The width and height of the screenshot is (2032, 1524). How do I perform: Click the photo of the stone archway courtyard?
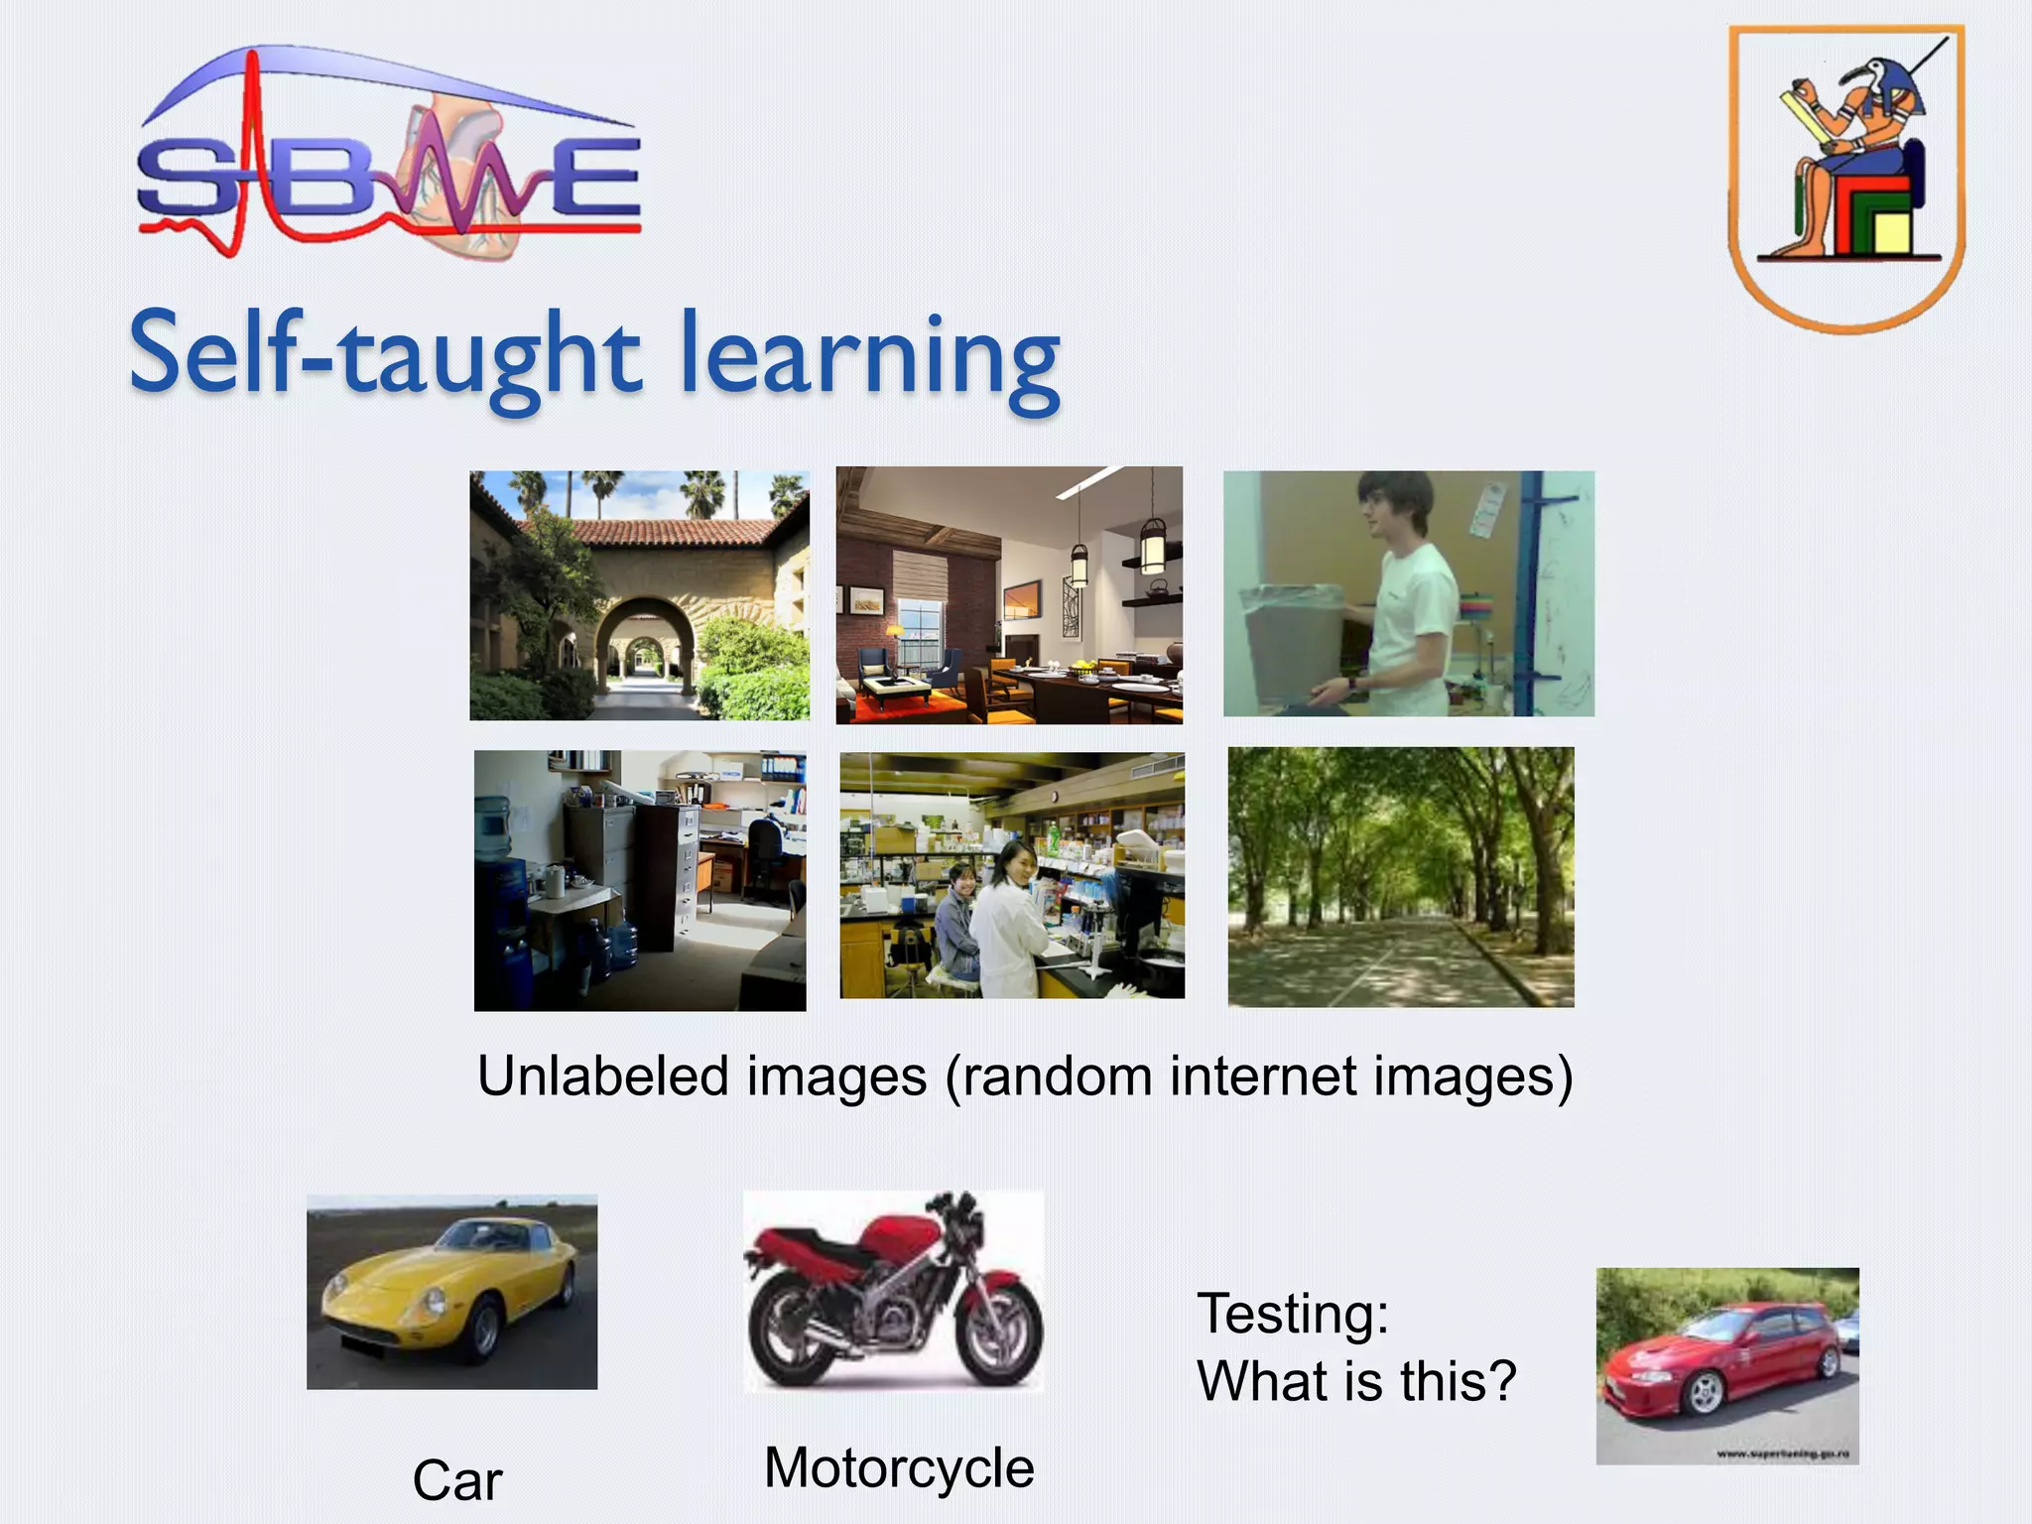[x=639, y=595]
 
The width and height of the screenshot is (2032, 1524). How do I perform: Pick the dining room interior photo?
[x=1009, y=595]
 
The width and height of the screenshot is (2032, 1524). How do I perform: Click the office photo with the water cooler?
[x=640, y=880]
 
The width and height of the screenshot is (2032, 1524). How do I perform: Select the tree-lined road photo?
[x=1400, y=877]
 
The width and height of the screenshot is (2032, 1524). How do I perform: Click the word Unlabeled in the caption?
[x=603, y=1077]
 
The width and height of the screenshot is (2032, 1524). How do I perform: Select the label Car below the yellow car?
[x=457, y=1480]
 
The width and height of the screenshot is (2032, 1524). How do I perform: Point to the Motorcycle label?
[x=899, y=1467]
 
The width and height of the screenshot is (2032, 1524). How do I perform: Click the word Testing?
[x=1293, y=1314]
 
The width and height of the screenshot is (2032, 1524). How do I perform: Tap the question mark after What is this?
[x=1500, y=1380]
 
